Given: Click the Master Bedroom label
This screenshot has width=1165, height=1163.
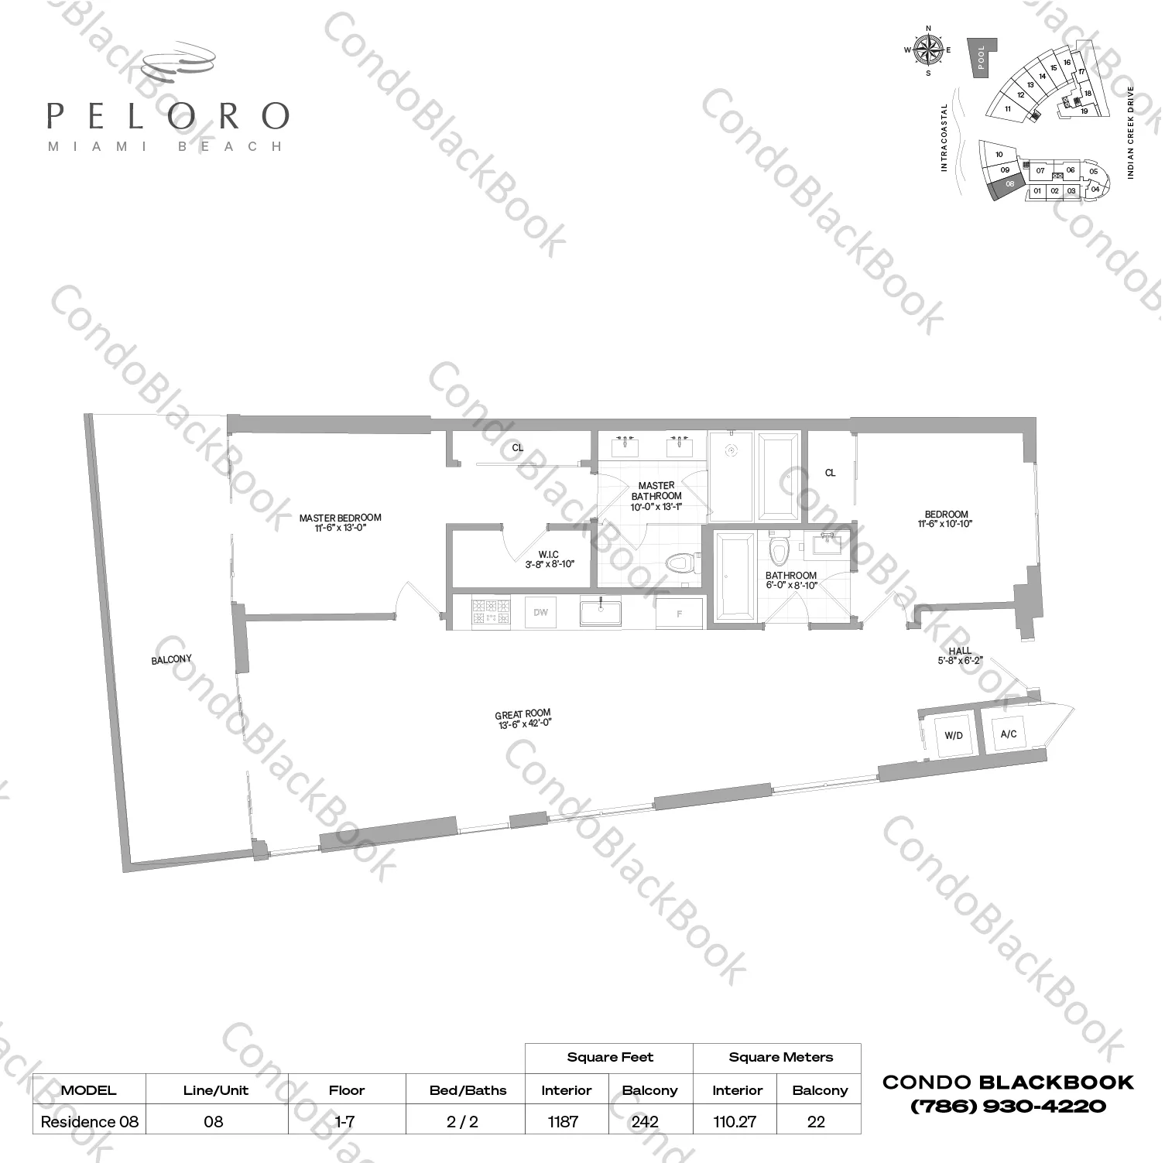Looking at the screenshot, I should [x=340, y=523].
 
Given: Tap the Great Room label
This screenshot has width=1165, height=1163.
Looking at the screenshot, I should [x=523, y=720].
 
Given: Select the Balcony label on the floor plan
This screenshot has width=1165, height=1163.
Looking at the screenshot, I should [x=171, y=659].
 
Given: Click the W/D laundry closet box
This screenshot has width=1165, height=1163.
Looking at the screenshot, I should [x=954, y=735].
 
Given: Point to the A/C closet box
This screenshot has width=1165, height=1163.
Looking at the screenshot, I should [x=1009, y=733].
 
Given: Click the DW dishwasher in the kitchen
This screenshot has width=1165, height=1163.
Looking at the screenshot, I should [x=540, y=612].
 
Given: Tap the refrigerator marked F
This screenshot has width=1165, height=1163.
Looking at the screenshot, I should [x=680, y=614].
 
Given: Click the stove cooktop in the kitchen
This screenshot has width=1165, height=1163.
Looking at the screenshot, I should [x=491, y=612].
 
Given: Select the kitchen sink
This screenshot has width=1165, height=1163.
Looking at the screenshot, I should [x=601, y=613].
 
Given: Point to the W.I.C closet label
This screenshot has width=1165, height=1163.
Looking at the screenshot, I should [x=549, y=559].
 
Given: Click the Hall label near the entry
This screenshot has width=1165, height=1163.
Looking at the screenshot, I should [x=959, y=655].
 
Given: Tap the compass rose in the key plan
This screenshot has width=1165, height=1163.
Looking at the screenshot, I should [x=928, y=51].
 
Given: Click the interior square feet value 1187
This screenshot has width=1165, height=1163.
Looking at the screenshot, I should [x=564, y=1121].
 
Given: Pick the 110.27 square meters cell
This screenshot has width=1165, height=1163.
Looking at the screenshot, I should [x=735, y=1121].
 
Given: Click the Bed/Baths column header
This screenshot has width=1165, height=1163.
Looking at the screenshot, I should [x=468, y=1090].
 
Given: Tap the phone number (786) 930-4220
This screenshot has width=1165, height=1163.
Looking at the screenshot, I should [x=1008, y=1106].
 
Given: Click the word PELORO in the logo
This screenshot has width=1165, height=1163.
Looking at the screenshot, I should [x=168, y=116].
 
